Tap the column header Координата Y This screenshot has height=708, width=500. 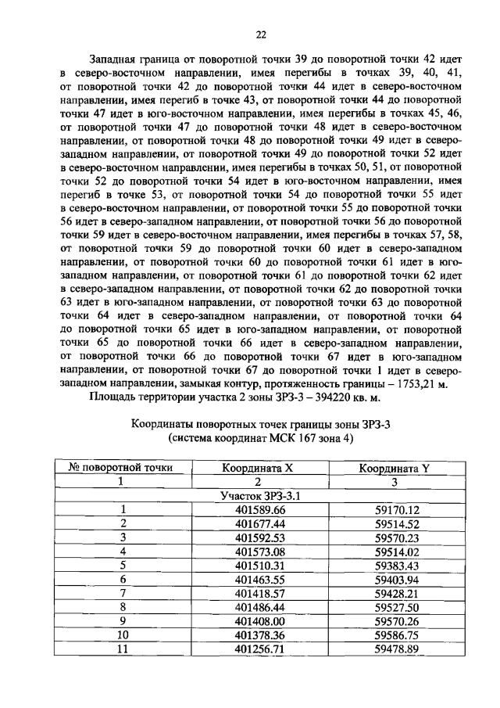pyautogui.click(x=395, y=468)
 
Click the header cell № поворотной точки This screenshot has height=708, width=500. pyautogui.click(x=121, y=468)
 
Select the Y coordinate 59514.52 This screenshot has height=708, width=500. pyautogui.click(x=397, y=524)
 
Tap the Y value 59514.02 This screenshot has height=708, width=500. pyautogui.click(x=397, y=552)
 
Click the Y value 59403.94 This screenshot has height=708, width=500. pyautogui.click(x=397, y=580)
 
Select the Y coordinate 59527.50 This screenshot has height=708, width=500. pyautogui.click(x=397, y=607)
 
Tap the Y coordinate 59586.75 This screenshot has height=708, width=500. pyautogui.click(x=397, y=635)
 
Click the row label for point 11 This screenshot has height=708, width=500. pyautogui.click(x=122, y=649)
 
